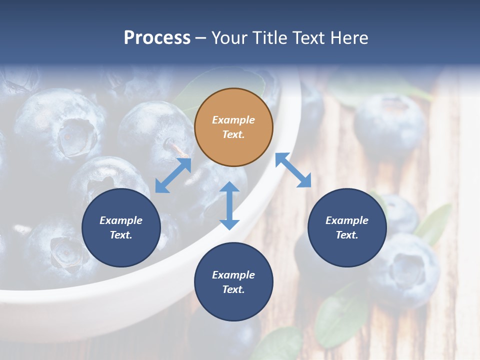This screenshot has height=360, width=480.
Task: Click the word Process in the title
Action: click(157, 38)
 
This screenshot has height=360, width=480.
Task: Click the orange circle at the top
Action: click(233, 127)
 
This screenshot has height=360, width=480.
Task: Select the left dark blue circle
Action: click(121, 228)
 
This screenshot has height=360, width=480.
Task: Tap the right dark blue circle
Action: click(347, 228)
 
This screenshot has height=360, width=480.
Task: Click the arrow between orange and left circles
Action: click(173, 175)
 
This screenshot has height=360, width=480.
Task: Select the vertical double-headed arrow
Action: click(229, 206)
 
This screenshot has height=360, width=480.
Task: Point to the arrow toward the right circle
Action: click(293, 170)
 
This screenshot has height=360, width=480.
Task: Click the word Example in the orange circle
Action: click(233, 120)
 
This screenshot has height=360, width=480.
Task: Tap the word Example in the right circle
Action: click(347, 220)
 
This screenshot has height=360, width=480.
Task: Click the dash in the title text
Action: click(201, 38)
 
